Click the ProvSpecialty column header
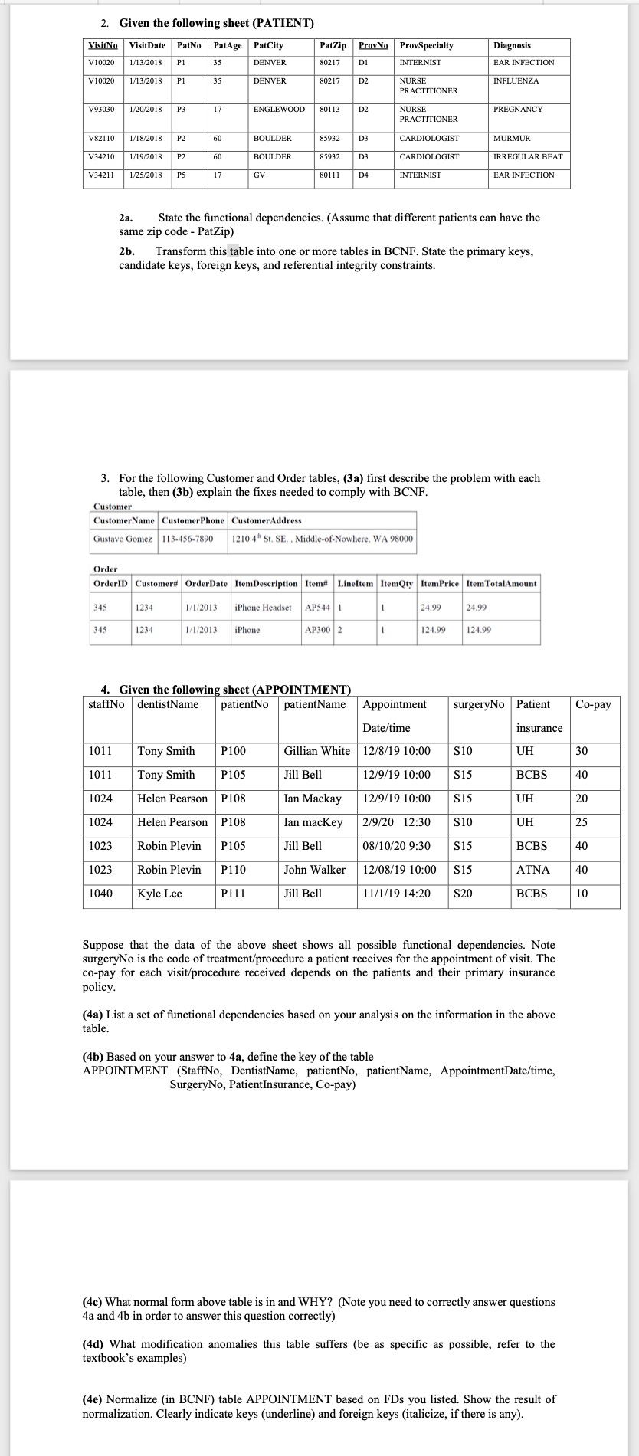tap(426, 46)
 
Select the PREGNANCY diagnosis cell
tap(518, 110)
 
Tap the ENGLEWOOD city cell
tap(279, 110)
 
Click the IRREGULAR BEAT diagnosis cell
tap(528, 157)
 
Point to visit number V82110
tap(102, 139)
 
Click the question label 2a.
tap(126, 218)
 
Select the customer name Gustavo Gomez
tap(123, 539)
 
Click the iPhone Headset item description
tap(263, 608)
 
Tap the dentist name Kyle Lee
tap(159, 894)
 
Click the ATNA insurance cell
tap(532, 870)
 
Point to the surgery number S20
tap(463, 894)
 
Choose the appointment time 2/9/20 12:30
tap(396, 822)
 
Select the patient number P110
tap(234, 870)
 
